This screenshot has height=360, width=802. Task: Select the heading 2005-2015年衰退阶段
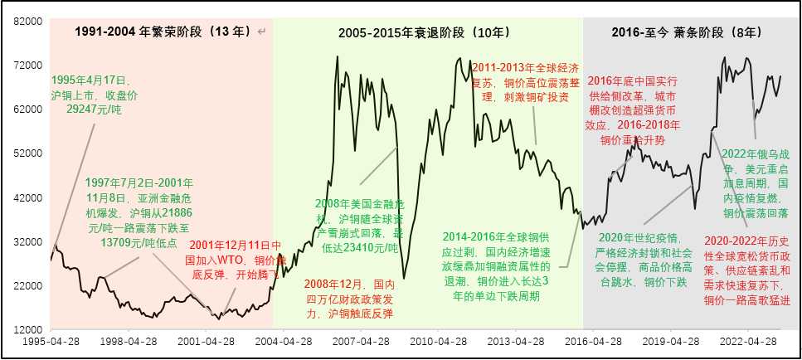click(x=424, y=32)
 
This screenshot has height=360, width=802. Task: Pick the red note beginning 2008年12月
click(x=348, y=299)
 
